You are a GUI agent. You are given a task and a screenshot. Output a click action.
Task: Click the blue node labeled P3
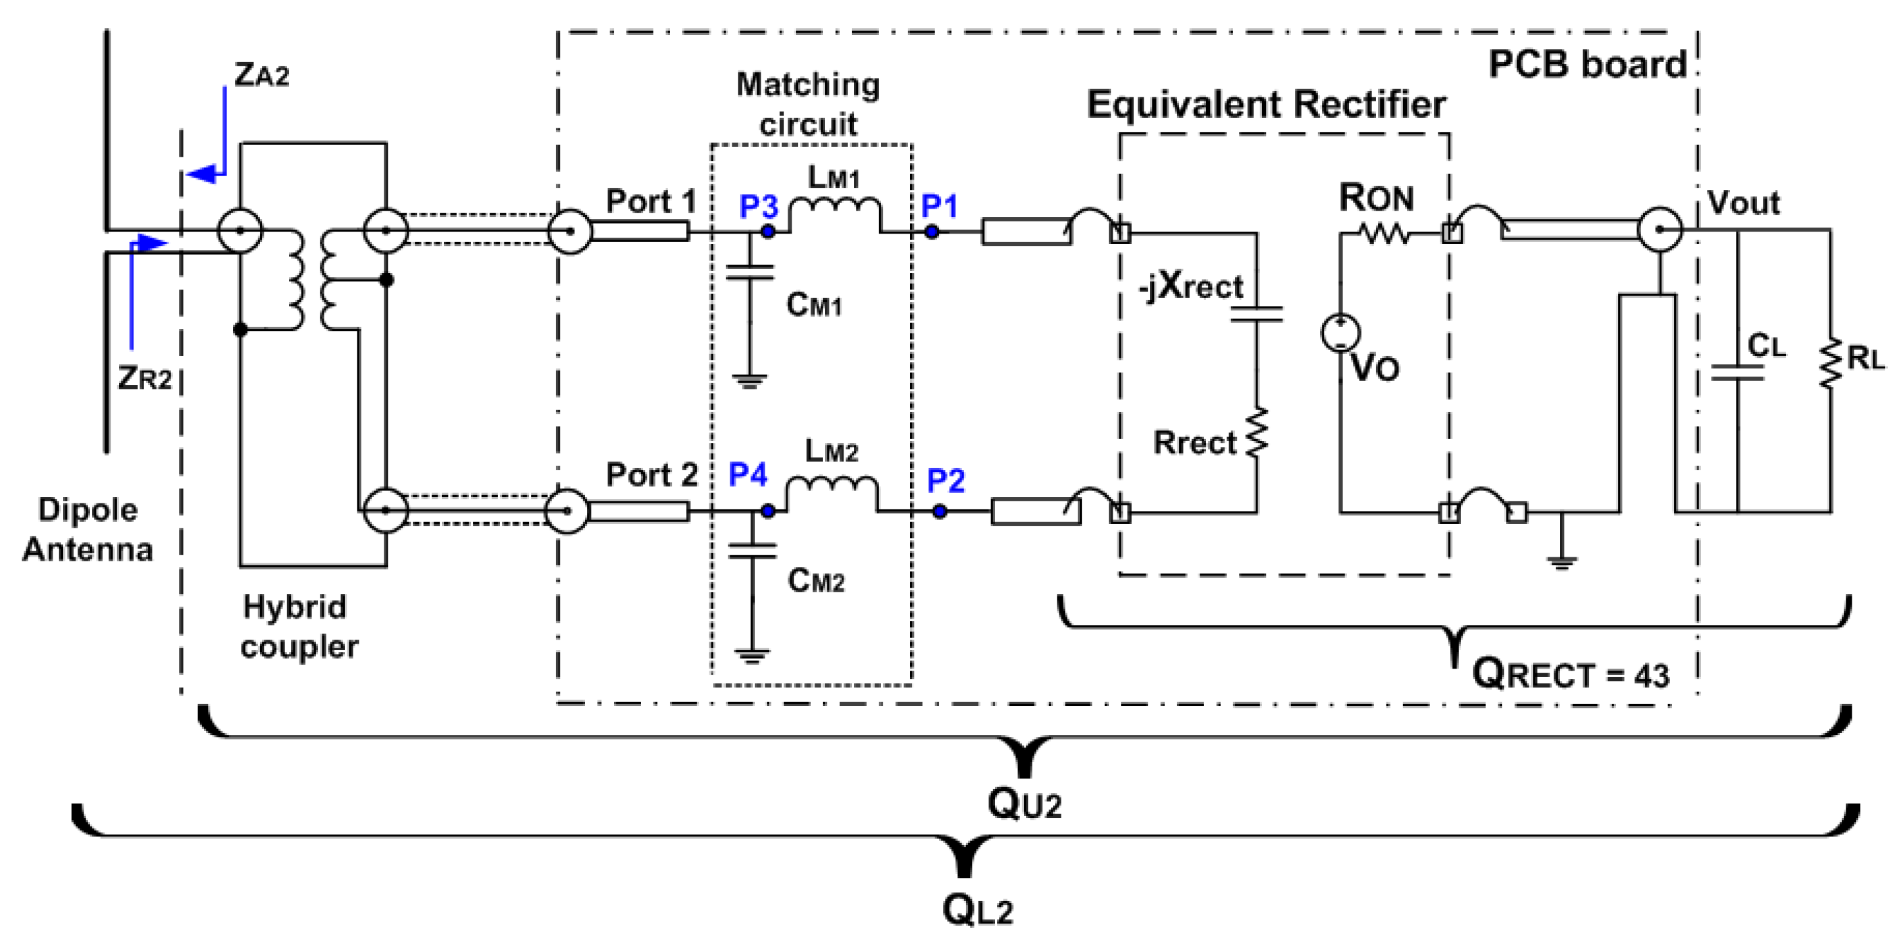pyautogui.click(x=768, y=231)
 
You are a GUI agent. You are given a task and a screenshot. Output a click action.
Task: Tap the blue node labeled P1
pyautogui.click(x=932, y=232)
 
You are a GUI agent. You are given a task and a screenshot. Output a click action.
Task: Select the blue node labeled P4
pyautogui.click(x=768, y=511)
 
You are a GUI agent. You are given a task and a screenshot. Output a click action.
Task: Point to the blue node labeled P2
pyautogui.click(x=940, y=511)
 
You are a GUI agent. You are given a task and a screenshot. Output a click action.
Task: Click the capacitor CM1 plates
pyautogui.click(x=749, y=272)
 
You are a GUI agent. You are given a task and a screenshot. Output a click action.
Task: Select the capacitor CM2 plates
pyautogui.click(x=752, y=551)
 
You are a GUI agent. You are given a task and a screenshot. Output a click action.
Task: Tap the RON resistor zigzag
pyautogui.click(x=1385, y=235)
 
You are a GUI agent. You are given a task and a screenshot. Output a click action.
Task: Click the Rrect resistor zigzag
pyautogui.click(x=1257, y=432)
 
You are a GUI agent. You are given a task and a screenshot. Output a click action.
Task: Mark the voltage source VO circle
pyautogui.click(x=1341, y=332)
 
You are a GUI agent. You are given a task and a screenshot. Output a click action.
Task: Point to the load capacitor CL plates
pyautogui.click(x=1737, y=373)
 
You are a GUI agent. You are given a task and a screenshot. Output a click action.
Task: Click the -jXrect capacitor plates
pyautogui.click(x=1257, y=315)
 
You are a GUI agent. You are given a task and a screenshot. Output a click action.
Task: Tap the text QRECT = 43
pyautogui.click(x=1571, y=674)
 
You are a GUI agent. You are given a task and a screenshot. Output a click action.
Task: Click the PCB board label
pyautogui.click(x=1587, y=65)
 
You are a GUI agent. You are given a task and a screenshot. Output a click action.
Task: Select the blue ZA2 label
pyautogui.click(x=261, y=74)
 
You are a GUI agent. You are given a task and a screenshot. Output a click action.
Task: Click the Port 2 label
pyautogui.click(x=651, y=474)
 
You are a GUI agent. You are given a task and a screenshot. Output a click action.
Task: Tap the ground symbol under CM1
pyautogui.click(x=749, y=382)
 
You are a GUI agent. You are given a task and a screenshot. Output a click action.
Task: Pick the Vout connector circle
pyautogui.click(x=1660, y=230)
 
